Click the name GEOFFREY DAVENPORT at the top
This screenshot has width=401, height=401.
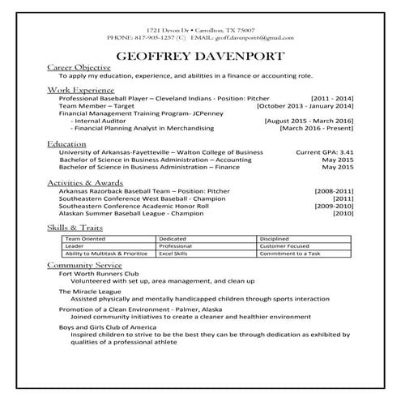(200, 58)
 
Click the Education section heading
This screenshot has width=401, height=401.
(67, 143)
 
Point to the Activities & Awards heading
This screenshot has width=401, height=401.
(85, 183)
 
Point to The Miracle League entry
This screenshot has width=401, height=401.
(86, 291)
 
